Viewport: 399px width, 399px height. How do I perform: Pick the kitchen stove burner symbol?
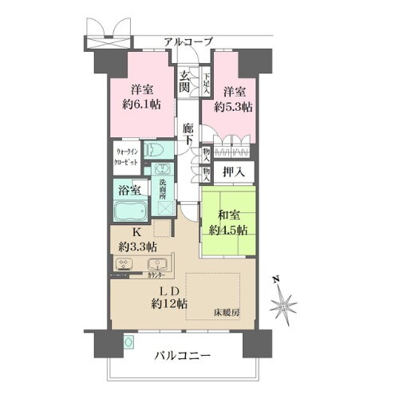tap(125, 266)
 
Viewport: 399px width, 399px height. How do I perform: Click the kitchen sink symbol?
tap(156, 265)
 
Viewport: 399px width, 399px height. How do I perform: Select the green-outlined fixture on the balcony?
tap(128, 343)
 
